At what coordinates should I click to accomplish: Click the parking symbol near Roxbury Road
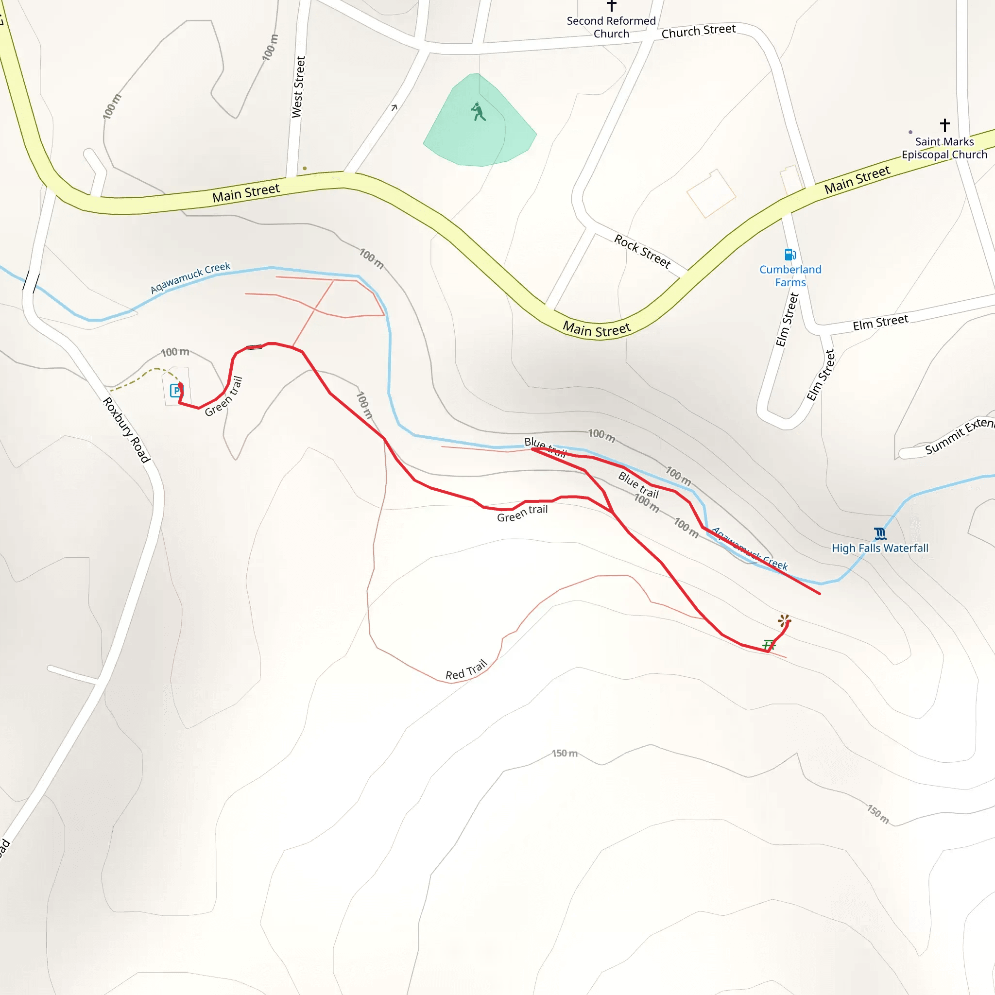coord(175,391)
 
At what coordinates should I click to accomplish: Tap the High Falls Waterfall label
coord(880,548)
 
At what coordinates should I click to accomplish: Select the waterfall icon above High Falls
coord(880,533)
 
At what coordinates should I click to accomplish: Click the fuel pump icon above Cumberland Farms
coord(789,255)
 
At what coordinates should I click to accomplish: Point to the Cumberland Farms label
coord(790,275)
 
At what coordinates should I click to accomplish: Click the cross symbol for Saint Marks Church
coord(944,125)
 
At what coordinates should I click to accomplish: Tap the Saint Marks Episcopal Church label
coord(944,148)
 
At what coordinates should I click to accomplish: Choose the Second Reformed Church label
coord(611,27)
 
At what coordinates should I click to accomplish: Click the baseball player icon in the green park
coord(478,111)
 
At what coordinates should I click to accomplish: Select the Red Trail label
coord(465,670)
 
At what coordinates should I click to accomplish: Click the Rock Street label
coord(642,251)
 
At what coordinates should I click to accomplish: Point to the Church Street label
coord(698,32)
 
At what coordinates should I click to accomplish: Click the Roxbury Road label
coord(126,430)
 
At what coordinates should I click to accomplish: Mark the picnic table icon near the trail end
coord(769,644)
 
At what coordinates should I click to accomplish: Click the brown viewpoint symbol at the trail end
coord(784,620)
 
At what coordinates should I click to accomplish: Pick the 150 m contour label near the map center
coord(565,754)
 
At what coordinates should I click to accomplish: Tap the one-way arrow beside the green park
coord(394,108)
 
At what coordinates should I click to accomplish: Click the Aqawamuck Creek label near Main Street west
coord(190,277)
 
